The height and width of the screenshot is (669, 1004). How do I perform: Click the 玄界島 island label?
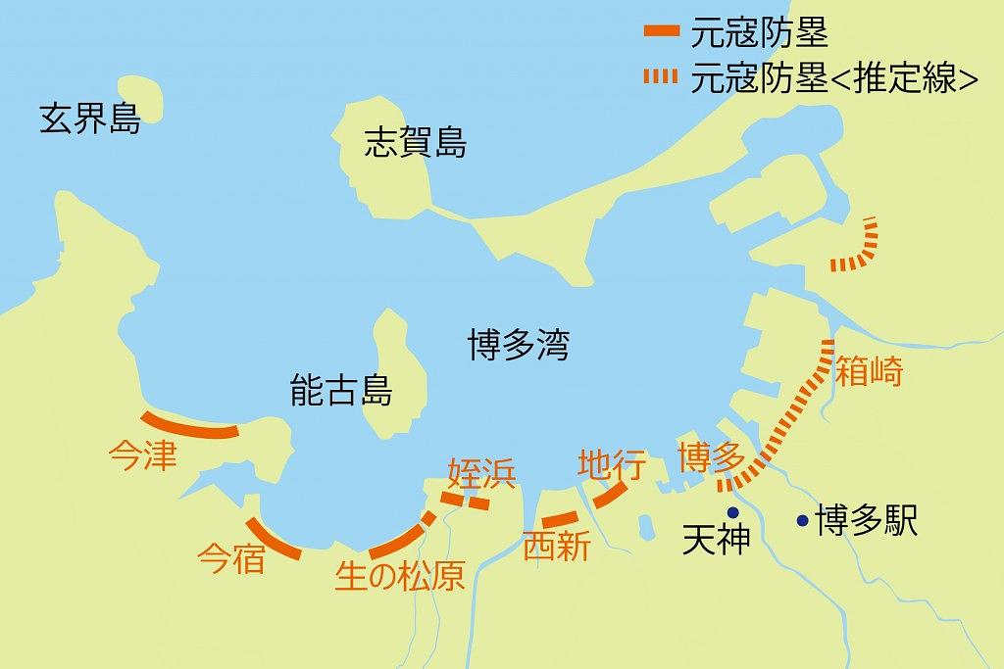click(89, 120)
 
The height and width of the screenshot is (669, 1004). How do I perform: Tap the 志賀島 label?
click(415, 144)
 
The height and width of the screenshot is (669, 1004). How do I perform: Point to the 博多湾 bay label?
click(518, 345)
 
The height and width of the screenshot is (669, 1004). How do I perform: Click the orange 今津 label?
click(143, 455)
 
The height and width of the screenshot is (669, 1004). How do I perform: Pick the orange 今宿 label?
click(231, 558)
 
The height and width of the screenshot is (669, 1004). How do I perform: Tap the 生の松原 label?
click(400, 577)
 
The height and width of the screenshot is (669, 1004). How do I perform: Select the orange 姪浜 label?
click(480, 472)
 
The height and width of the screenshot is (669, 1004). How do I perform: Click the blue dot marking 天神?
click(731, 512)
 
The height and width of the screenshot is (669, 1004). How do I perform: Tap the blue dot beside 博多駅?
click(803, 520)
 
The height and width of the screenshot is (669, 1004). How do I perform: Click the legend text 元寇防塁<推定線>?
click(834, 76)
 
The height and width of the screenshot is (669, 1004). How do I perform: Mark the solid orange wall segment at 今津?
click(190, 427)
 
